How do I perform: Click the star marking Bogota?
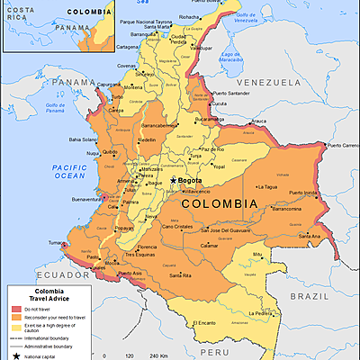pos(174,181)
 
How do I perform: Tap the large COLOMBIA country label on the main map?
pos(220,203)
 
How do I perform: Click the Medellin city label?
pos(147,140)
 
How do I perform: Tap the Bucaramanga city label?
pos(208,119)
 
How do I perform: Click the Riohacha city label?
pos(190,16)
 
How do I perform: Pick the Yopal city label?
pos(217,166)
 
